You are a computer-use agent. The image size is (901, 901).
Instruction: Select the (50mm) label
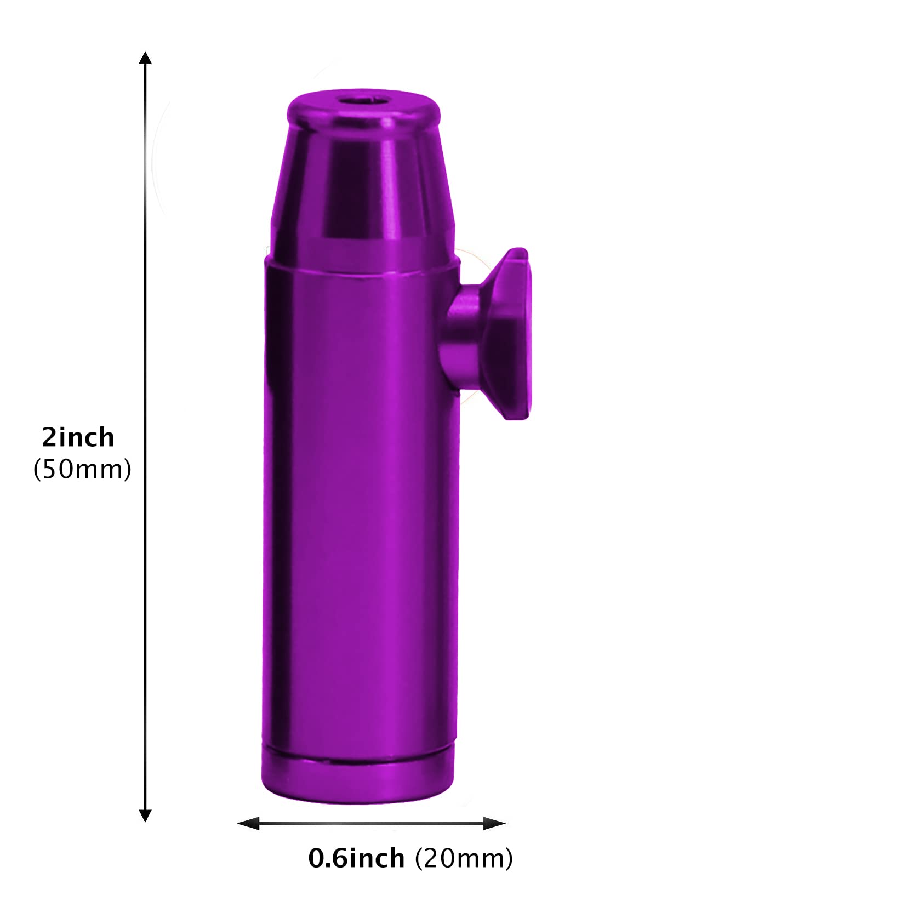pos(82,470)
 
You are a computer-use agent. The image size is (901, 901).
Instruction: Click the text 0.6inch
pos(356,858)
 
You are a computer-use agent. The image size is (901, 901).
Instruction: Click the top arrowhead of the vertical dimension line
pos(145,58)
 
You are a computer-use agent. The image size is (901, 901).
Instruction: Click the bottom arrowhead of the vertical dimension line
pos(145,815)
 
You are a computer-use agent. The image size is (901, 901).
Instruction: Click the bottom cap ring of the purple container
pos(358,781)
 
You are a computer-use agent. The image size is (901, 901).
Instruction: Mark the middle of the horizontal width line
pos(371,823)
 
